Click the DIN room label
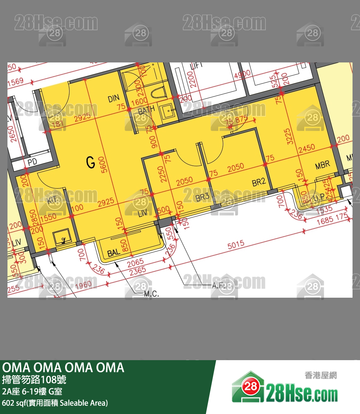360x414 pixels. pyautogui.click(x=113, y=99)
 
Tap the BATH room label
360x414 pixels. pyautogui.click(x=146, y=111)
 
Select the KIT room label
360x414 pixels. pyautogui.click(x=54, y=200)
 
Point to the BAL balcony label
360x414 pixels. pyautogui.click(x=114, y=252)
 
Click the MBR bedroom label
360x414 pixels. pyautogui.click(x=322, y=165)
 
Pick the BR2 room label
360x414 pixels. pyautogui.click(x=259, y=183)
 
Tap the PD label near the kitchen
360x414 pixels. pyautogui.click(x=32, y=163)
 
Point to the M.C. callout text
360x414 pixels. pyautogui.click(x=151, y=294)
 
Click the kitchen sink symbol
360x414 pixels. pyautogui.click(x=60, y=238)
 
